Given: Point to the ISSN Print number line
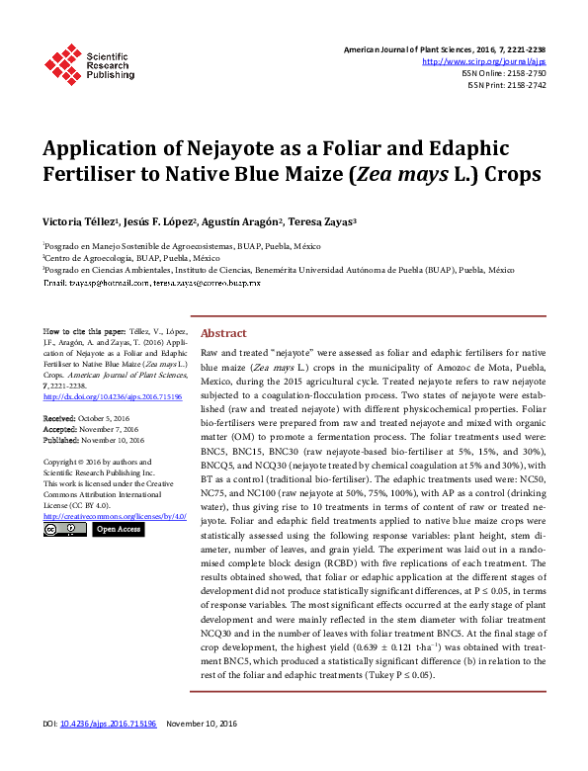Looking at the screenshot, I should pyautogui.click(x=506, y=85).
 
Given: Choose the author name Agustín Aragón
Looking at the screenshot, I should pyautogui.click(x=247, y=222).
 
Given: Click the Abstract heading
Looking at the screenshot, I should pyautogui.click(x=223, y=334).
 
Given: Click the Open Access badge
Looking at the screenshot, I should pyautogui.click(x=119, y=530).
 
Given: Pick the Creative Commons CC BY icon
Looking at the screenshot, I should pyautogui.click(x=65, y=530).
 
